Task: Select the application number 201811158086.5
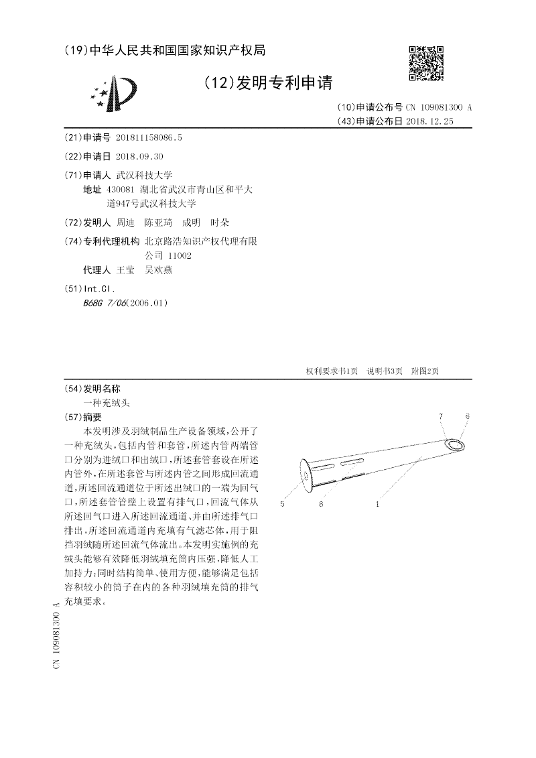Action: [x=149, y=137]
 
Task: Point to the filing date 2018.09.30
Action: [x=139, y=156]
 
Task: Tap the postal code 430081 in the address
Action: [x=121, y=190]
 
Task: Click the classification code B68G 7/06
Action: [x=103, y=302]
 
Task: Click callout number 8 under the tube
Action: [x=322, y=503]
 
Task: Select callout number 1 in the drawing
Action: [x=378, y=503]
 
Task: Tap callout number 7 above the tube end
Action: [x=441, y=417]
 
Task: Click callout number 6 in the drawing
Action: [x=467, y=417]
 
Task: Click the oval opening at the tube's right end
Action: [x=456, y=444]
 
